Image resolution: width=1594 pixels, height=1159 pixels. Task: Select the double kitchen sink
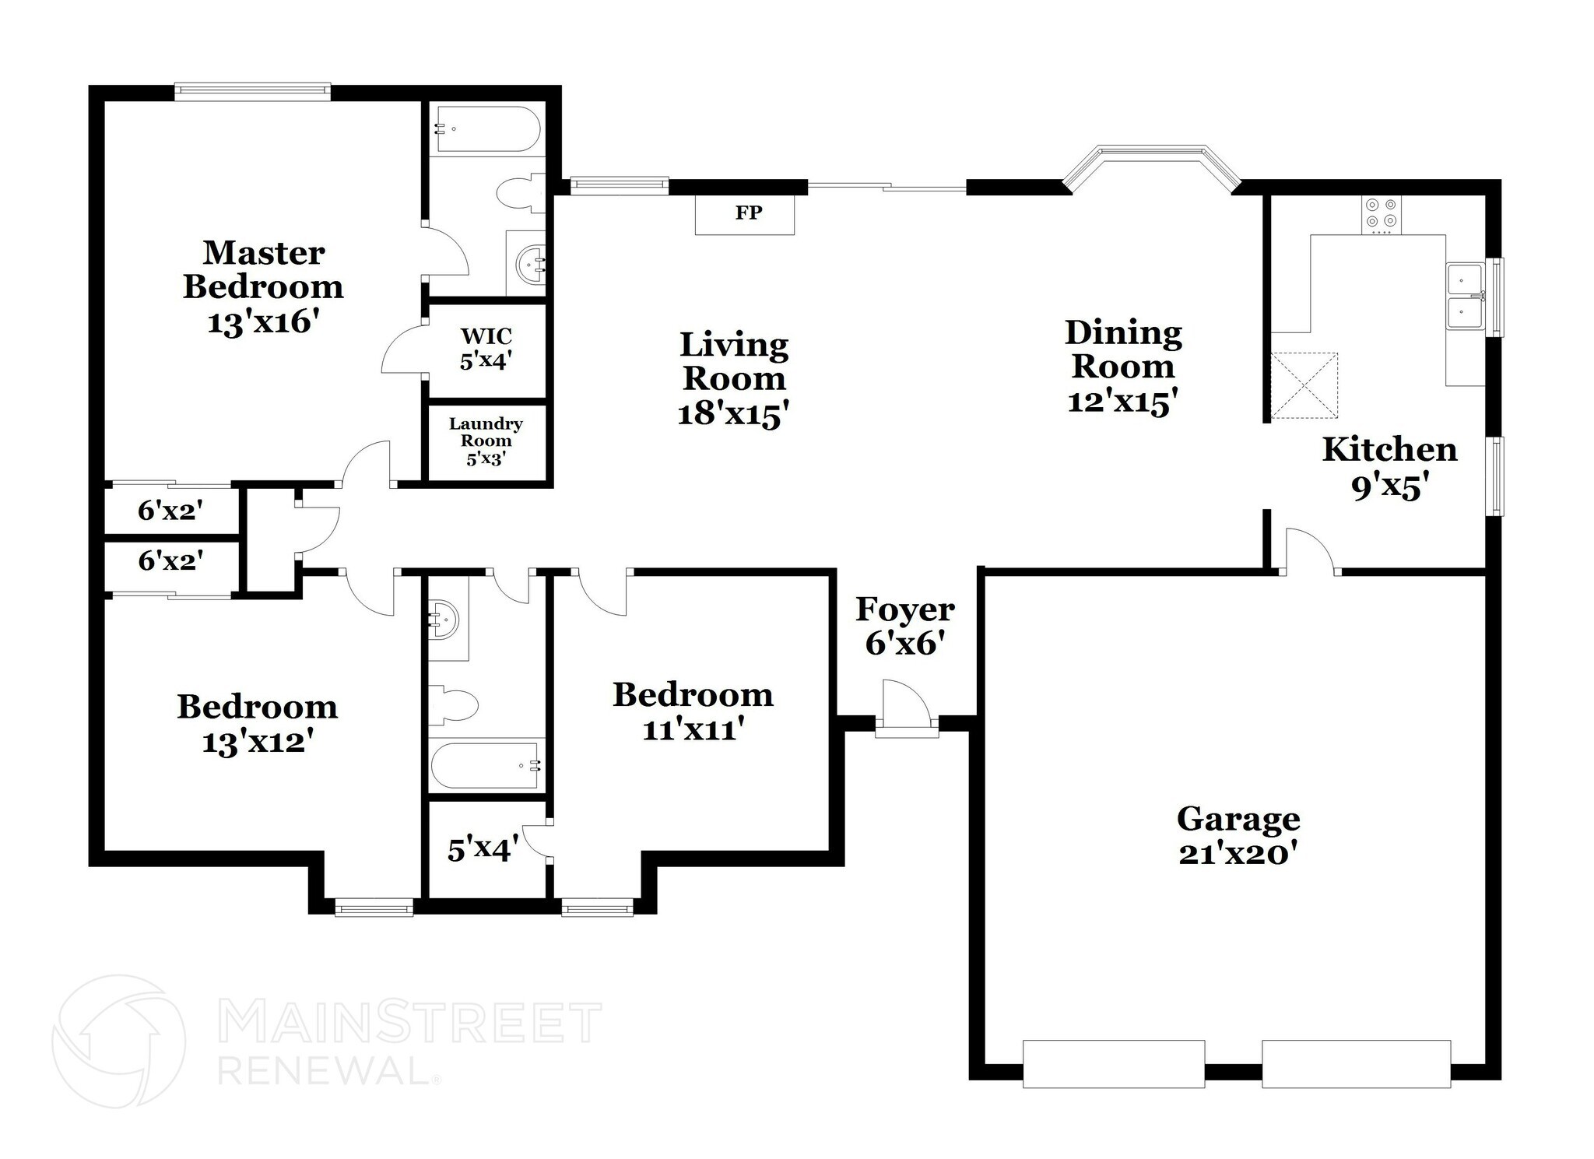(x=1464, y=297)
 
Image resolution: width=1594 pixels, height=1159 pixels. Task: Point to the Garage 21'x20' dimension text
(x=1238, y=854)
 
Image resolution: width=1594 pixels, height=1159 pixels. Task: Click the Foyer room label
(x=904, y=609)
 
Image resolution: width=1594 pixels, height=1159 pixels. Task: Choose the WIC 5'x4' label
(x=486, y=348)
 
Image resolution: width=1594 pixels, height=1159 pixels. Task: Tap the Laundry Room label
(x=486, y=441)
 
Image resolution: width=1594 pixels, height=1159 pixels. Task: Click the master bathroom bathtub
(x=486, y=129)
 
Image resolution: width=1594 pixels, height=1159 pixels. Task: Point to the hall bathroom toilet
(x=453, y=705)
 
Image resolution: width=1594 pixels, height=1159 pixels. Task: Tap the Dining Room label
(x=1122, y=349)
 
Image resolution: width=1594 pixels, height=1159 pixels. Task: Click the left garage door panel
(x=1113, y=1063)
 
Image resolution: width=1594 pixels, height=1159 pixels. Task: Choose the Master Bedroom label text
(x=263, y=269)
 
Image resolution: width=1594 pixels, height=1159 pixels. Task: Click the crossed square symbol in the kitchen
(x=1304, y=386)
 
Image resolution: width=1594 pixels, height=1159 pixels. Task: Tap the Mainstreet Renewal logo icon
(x=118, y=1041)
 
